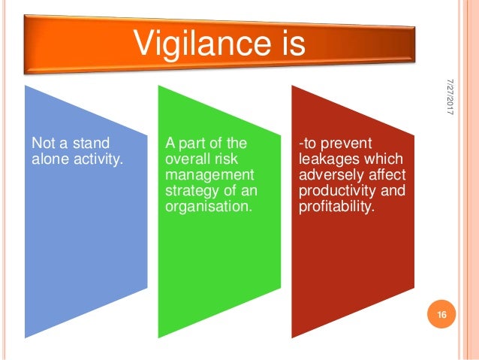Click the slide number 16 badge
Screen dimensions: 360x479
pos(441,314)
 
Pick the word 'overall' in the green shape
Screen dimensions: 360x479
pos(185,158)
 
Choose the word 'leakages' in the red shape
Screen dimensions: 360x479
pos(327,158)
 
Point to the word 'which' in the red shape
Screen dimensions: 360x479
pos(383,158)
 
